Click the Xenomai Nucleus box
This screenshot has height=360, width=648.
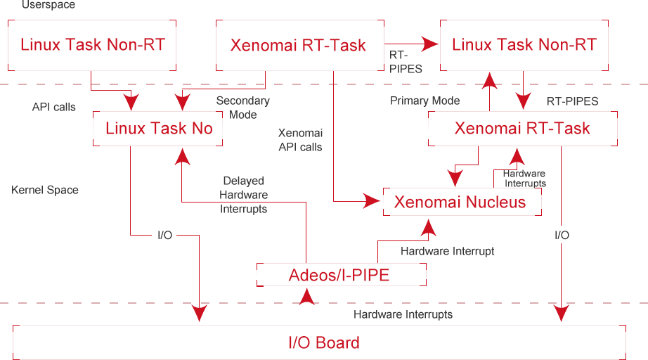(462, 202)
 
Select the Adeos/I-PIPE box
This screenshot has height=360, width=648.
(341, 275)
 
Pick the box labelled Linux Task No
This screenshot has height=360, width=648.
(158, 129)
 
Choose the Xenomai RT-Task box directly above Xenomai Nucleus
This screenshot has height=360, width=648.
(522, 129)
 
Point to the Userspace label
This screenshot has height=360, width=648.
(48, 5)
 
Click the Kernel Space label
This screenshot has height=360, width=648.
(45, 190)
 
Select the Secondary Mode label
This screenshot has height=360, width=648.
(242, 108)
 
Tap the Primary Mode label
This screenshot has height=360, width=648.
(425, 101)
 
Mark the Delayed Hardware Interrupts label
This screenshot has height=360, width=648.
(243, 195)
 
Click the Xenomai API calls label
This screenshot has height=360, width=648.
(301, 140)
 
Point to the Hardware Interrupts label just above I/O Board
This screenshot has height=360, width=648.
(403, 314)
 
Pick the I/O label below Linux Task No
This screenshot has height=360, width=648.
(164, 235)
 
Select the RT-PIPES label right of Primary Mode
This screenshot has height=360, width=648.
(572, 101)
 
